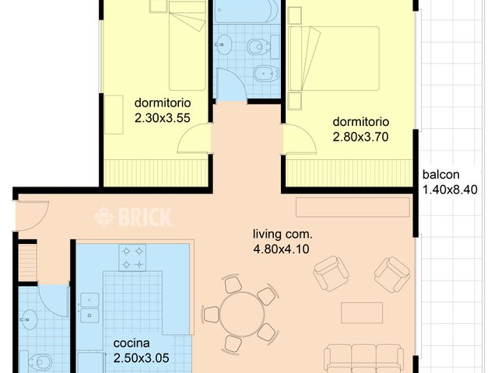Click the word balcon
[441, 175]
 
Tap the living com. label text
[282, 234]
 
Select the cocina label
[131, 343]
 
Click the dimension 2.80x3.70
[361, 136]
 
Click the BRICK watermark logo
[133, 217]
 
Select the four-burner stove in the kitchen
[132, 258]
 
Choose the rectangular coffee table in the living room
[362, 313]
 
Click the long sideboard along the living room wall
[352, 207]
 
